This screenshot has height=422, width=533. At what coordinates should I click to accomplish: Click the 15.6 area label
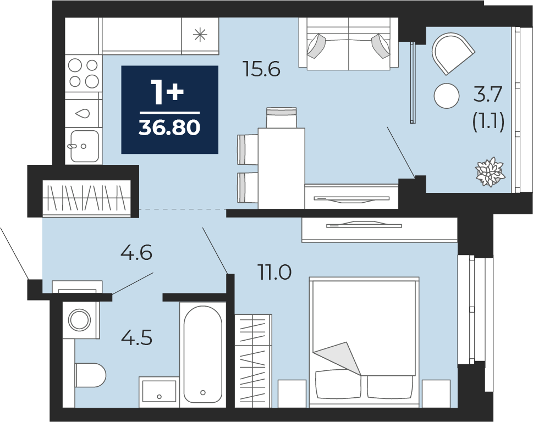(x=261, y=69)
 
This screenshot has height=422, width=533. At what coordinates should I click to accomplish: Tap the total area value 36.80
(x=169, y=127)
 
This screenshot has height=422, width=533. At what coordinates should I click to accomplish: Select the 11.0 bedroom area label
(x=275, y=273)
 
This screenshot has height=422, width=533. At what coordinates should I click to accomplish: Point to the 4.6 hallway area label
(x=136, y=253)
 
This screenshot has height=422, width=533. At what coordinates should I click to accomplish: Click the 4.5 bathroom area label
(x=136, y=337)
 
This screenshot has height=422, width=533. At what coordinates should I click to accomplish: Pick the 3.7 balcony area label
(x=488, y=94)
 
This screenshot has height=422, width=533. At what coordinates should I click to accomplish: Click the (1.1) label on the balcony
(x=488, y=121)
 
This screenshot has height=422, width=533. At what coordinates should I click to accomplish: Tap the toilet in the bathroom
(x=90, y=375)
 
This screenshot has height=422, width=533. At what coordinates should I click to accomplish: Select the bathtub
(x=203, y=354)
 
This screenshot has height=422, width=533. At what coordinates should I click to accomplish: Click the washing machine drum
(x=80, y=319)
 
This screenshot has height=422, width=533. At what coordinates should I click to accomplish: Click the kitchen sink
(x=84, y=146)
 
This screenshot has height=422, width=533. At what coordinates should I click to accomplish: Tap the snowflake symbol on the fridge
(x=200, y=35)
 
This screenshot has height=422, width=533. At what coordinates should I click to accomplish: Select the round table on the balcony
(x=447, y=96)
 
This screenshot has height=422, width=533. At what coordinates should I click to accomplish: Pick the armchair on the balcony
(x=452, y=53)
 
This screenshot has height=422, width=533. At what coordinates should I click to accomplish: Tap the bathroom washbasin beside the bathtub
(x=159, y=391)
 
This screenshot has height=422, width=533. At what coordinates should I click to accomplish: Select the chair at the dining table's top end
(x=282, y=118)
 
